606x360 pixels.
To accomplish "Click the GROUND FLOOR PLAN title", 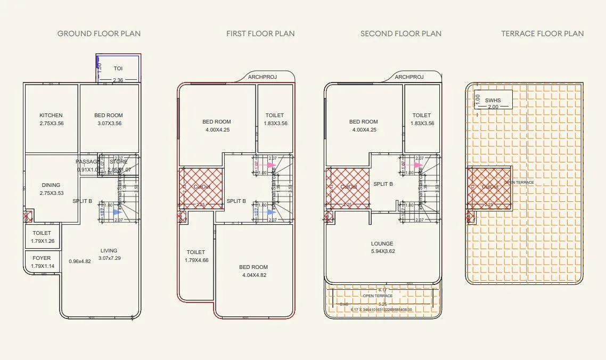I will (x=99, y=34).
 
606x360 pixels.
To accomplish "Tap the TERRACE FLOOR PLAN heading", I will (x=542, y=34).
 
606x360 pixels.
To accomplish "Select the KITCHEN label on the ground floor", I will (x=51, y=116).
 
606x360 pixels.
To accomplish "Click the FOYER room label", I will (x=42, y=258).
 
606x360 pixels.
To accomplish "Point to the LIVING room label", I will (x=109, y=251).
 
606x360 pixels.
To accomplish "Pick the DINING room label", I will (x=51, y=185).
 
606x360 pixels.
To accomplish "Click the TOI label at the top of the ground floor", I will (x=118, y=69).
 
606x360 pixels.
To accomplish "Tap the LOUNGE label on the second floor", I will (x=383, y=244).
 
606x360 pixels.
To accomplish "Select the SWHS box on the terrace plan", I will (x=493, y=100).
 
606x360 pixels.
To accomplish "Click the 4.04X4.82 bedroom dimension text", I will (x=253, y=275).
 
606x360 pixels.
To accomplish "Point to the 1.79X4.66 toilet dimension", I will (x=196, y=260).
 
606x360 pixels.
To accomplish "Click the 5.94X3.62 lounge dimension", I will (x=383, y=252).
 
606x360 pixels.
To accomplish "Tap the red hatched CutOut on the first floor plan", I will (x=200, y=187).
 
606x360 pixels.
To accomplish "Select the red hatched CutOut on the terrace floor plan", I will (x=489, y=187).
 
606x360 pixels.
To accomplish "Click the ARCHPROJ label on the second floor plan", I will (x=410, y=77).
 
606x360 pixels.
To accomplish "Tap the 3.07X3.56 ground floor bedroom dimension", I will (x=109, y=124).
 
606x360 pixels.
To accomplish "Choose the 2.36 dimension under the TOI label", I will (x=118, y=80).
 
